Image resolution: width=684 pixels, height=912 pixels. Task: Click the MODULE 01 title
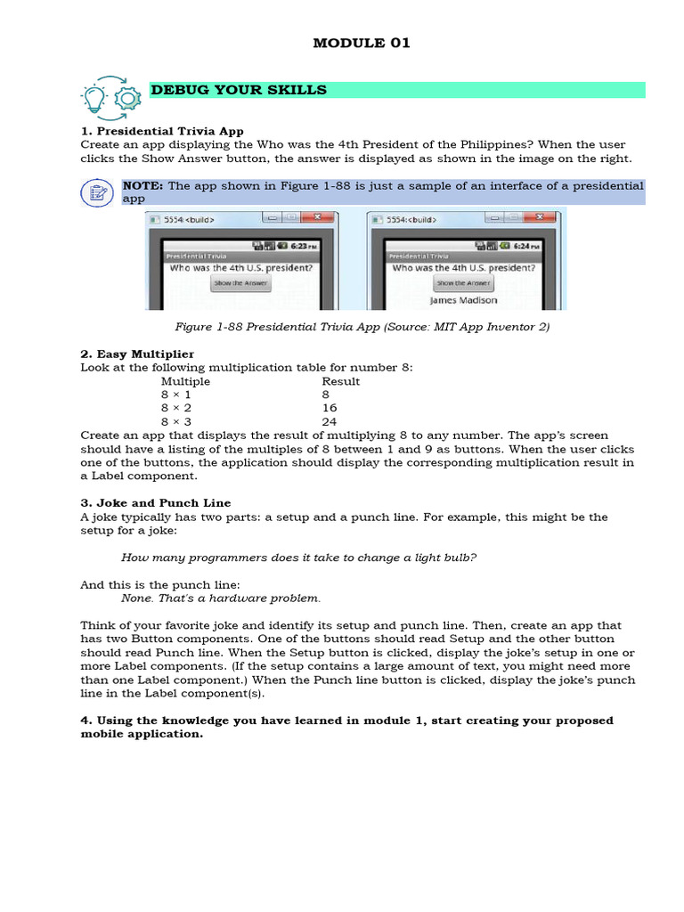click(362, 43)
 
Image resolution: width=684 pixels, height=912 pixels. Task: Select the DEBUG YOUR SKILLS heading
click(239, 90)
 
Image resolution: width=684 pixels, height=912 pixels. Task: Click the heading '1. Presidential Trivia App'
click(162, 131)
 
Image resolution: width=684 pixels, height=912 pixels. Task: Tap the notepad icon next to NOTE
click(96, 192)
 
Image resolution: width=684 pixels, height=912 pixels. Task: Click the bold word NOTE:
click(142, 185)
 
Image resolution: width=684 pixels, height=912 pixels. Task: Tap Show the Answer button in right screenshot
click(463, 283)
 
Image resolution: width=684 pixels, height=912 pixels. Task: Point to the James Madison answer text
click(463, 300)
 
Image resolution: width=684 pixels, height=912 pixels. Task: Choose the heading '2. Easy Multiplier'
click(137, 354)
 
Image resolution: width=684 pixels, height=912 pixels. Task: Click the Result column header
click(341, 381)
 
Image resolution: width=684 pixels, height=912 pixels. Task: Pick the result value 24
click(330, 421)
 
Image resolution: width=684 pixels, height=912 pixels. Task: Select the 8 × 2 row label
click(176, 408)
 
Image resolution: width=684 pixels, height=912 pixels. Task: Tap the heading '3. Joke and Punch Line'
click(156, 503)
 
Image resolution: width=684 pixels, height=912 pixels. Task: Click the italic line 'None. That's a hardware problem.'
click(221, 598)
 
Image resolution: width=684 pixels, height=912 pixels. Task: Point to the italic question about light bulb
click(299, 558)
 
